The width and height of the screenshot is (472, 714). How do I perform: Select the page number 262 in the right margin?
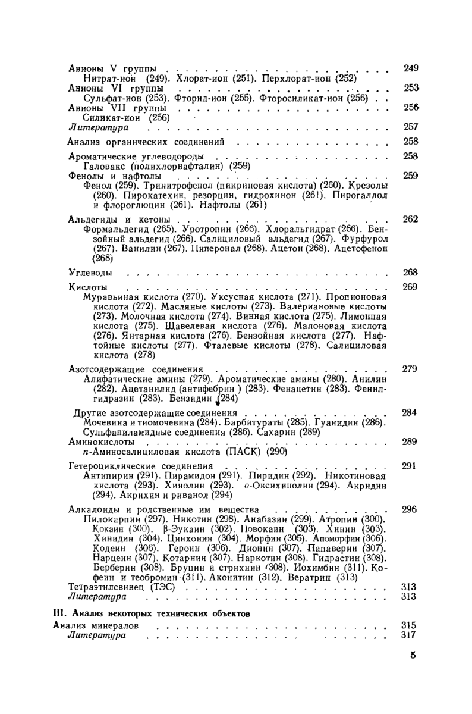(410, 218)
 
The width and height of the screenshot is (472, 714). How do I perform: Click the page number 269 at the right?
(410, 286)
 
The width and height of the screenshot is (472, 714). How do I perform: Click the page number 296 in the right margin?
(410, 509)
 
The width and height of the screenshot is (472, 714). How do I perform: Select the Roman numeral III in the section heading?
(58, 612)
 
